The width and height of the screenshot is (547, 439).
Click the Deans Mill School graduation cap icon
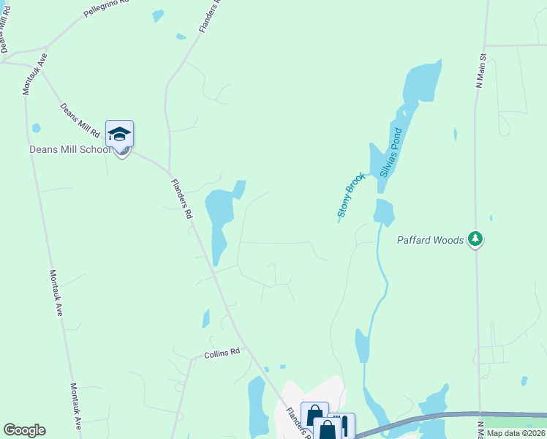pyautogui.click(x=119, y=134)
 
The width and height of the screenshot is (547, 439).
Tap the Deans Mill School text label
pyautogui.click(x=69, y=149)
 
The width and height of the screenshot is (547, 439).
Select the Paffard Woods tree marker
pyautogui.click(x=476, y=239)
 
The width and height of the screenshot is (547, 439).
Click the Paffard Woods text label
pyautogui.click(x=431, y=240)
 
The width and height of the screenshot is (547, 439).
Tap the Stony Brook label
pyautogui.click(x=351, y=195)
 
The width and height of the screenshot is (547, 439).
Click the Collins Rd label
pyautogui.click(x=222, y=353)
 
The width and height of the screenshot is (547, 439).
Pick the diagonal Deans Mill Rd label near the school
pyautogui.click(x=80, y=121)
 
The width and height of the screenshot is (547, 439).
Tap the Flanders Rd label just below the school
pyautogui.click(x=181, y=200)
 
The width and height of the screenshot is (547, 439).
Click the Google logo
pyautogui.click(x=24, y=430)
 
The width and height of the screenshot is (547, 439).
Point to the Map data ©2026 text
pyautogui.click(x=516, y=433)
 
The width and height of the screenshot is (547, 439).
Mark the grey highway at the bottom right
pyautogui.click(x=439, y=417)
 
